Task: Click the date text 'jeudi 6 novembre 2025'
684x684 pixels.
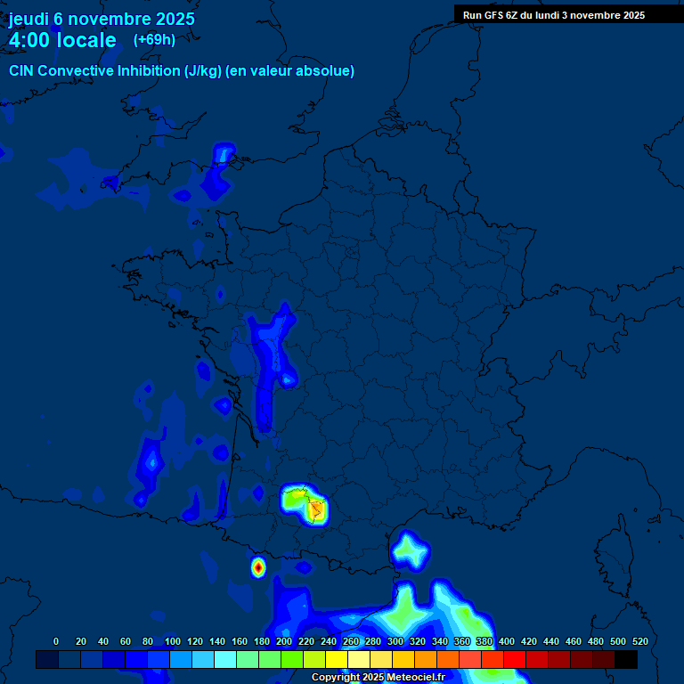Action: pos(102,19)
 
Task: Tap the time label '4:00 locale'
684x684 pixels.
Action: pos(62,40)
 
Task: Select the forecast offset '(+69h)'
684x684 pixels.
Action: pos(154,40)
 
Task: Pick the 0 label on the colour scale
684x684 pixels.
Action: pos(56,641)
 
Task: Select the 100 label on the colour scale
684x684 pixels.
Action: pos(172,641)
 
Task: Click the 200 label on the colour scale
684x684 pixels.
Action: pos(283,641)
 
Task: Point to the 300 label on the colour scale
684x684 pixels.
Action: pos(395,641)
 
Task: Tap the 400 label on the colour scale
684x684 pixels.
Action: pos(506,641)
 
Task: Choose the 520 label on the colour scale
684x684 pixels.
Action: pos(639,641)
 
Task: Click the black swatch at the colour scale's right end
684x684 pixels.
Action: pos(626,660)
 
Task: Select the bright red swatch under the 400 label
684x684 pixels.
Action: pos(515,660)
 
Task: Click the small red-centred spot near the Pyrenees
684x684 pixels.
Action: pos(258,566)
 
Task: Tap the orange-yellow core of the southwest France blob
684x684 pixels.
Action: pos(316,510)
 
